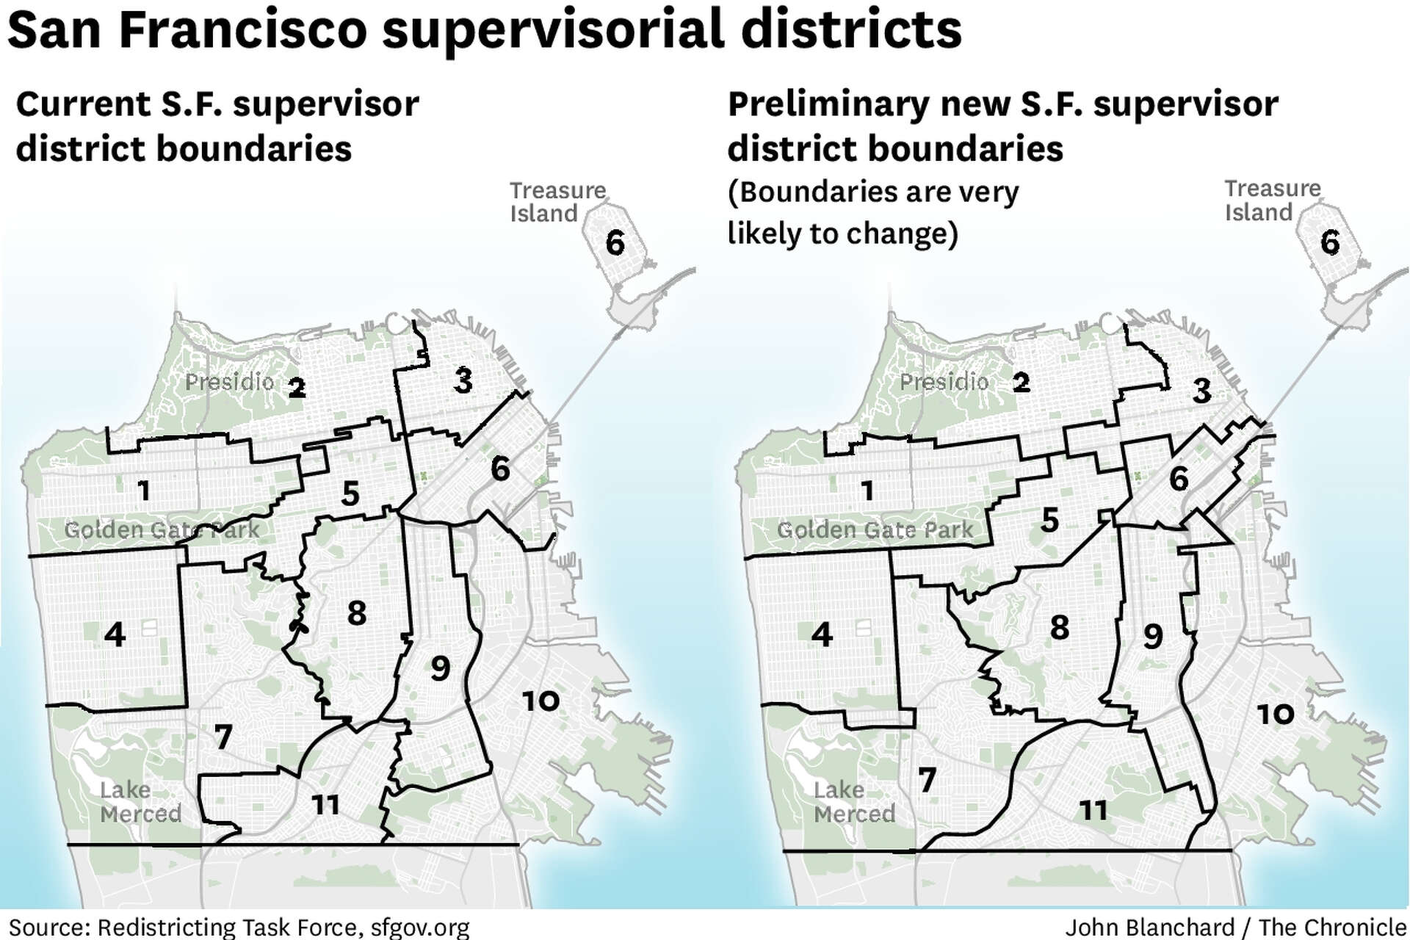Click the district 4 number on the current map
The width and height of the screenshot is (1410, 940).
pyautogui.click(x=115, y=634)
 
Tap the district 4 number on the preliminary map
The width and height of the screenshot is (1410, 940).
pyautogui.click(x=822, y=634)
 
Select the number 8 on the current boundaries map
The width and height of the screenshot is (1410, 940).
pyautogui.click(x=357, y=612)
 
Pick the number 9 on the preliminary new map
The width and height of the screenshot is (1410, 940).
pyautogui.click(x=1153, y=637)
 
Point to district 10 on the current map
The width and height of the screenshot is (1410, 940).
pyautogui.click(x=540, y=701)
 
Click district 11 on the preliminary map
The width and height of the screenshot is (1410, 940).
pyautogui.click(x=1093, y=811)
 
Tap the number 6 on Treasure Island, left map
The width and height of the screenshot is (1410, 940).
pyautogui.click(x=615, y=243)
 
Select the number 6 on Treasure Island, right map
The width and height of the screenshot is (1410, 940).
pyautogui.click(x=1330, y=243)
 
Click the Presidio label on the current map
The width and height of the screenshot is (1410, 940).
pyautogui.click(x=229, y=382)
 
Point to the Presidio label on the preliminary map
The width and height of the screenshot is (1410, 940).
pyautogui.click(x=944, y=382)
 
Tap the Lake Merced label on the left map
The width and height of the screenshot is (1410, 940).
pyautogui.click(x=140, y=802)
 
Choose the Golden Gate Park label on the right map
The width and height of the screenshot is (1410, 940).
pyautogui.click(x=875, y=529)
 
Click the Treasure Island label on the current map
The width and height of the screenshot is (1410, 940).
pyautogui.click(x=557, y=202)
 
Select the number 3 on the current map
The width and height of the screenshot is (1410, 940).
pyautogui.click(x=463, y=380)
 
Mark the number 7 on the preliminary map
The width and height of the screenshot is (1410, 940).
pyautogui.click(x=928, y=780)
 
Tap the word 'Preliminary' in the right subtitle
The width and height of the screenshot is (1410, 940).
pyautogui.click(x=828, y=104)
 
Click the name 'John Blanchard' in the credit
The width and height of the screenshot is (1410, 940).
pyautogui.click(x=1149, y=927)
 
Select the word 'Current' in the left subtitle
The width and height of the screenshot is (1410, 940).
pyautogui.click(x=84, y=104)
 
